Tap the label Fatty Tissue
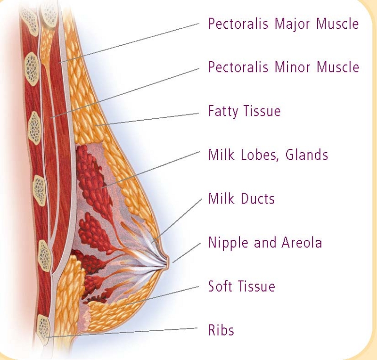[x=244, y=111]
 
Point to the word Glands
[x=307, y=155]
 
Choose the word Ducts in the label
[x=257, y=199]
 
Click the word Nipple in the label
[x=228, y=243]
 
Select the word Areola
[x=302, y=242]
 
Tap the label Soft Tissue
[x=241, y=286]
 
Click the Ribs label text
[x=221, y=330]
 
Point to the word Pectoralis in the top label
[x=238, y=24]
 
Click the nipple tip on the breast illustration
[x=168, y=262]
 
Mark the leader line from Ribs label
[x=122, y=333]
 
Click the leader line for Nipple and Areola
[x=187, y=253]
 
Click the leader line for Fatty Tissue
[x=147, y=119]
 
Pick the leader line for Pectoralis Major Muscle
[x=129, y=43]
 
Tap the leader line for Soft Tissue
[x=162, y=295]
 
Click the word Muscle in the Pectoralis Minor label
[x=338, y=67]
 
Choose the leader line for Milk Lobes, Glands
[x=151, y=170]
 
